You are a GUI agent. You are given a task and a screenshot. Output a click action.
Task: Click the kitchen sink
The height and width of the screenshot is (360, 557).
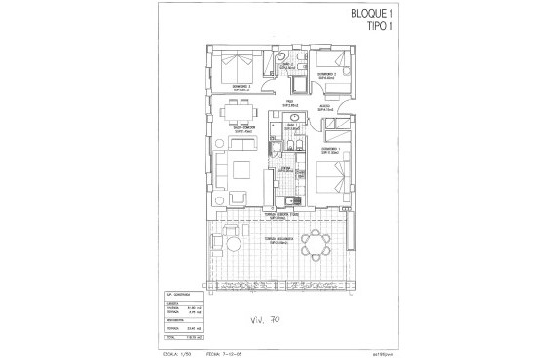[x=289, y=203]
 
